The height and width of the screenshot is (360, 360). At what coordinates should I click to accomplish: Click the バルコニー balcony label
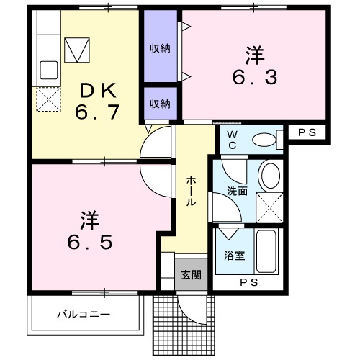[x=84, y=314]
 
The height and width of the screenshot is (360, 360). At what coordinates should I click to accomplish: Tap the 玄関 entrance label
[x=191, y=275]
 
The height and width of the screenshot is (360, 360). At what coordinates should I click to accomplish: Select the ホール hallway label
[x=191, y=191]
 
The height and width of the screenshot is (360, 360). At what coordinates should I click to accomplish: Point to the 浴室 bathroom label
[x=235, y=256]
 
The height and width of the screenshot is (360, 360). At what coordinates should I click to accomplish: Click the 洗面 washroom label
[x=237, y=192]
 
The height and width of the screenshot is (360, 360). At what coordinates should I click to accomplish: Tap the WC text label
[x=232, y=140]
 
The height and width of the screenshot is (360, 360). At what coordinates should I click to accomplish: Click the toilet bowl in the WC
[x=265, y=140]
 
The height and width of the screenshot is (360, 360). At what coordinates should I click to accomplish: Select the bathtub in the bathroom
[x=266, y=251]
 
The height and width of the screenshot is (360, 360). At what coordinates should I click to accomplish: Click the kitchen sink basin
[x=49, y=70]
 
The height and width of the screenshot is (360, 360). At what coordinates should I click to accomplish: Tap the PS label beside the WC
[x=307, y=132]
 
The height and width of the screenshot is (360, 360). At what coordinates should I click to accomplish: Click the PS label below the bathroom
[x=249, y=282]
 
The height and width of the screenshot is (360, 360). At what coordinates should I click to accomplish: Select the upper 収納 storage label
[x=160, y=49]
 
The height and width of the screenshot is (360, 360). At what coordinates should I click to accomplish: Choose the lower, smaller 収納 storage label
[x=160, y=104]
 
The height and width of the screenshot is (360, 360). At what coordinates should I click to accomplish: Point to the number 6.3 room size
[x=255, y=77]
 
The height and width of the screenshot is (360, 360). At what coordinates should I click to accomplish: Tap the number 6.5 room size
[x=90, y=242]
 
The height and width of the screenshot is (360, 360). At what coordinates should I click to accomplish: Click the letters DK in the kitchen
[x=99, y=90]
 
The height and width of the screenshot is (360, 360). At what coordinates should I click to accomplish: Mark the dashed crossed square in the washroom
[x=270, y=207]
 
